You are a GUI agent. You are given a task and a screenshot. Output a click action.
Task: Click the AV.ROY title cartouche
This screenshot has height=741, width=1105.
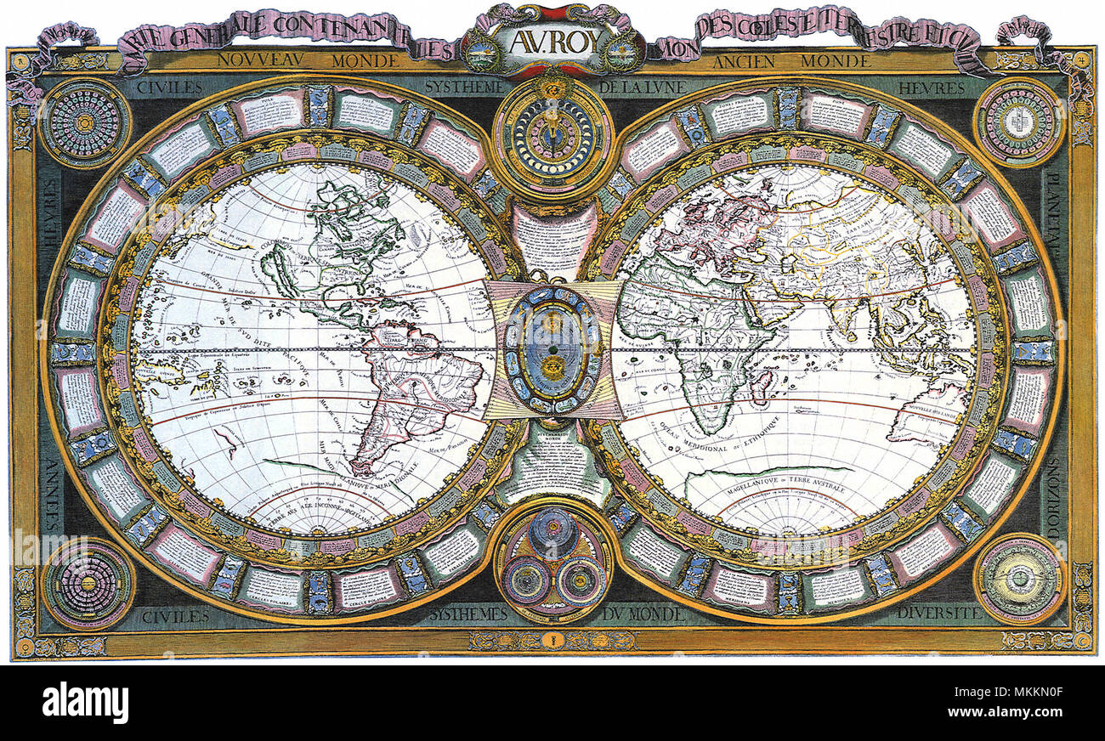pyautogui.click(x=552, y=41)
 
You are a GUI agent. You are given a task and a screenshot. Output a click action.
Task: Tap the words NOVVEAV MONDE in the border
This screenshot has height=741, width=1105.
pyautogui.click(x=307, y=61)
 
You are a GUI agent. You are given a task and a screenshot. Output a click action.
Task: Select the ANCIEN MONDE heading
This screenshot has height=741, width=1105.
pyautogui.click(x=790, y=61)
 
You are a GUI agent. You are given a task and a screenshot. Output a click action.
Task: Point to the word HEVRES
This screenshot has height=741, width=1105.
pyautogui.click(x=934, y=88)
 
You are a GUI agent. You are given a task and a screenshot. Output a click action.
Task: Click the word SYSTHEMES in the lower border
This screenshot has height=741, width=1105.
pyautogui.click(x=468, y=614)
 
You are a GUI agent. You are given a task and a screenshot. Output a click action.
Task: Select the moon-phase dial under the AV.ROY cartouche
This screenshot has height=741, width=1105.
pyautogui.click(x=552, y=136)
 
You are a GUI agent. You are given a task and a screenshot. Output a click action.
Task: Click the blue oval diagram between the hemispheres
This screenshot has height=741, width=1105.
pyautogui.click(x=552, y=348)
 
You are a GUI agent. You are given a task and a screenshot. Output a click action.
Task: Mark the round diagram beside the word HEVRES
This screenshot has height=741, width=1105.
pyautogui.click(x=1018, y=122)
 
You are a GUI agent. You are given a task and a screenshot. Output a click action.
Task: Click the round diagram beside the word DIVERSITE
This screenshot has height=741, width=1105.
pyautogui.click(x=1018, y=579)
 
